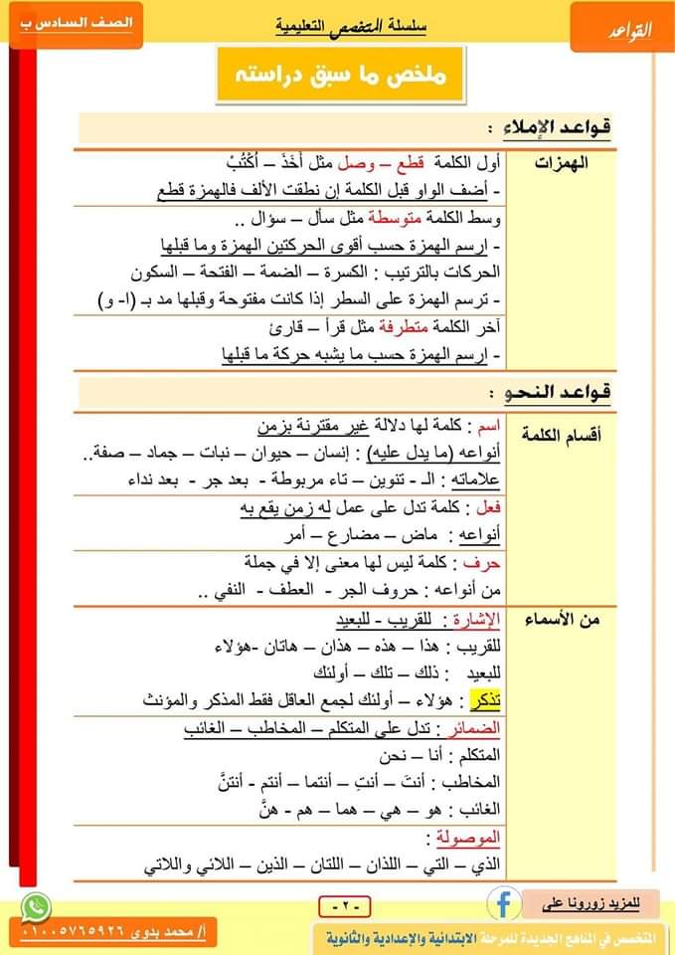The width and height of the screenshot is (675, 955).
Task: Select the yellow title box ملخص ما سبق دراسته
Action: pyautogui.click(x=340, y=75)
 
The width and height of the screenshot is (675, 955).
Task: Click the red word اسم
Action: pyautogui.click(x=487, y=426)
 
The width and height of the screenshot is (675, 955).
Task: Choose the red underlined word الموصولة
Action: pyautogui.click(x=464, y=835)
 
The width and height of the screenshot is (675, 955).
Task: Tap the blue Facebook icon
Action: pyautogui.click(x=504, y=901)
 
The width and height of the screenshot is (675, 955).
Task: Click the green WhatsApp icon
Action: pyautogui.click(x=37, y=905)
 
